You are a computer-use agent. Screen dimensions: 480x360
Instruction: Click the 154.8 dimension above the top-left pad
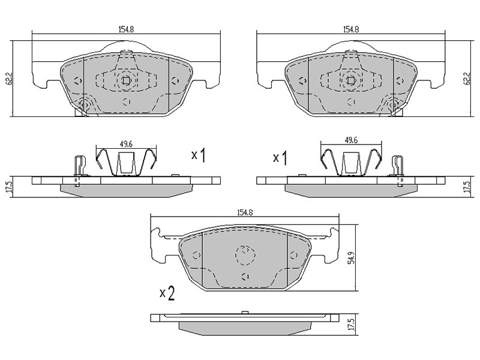(126, 29)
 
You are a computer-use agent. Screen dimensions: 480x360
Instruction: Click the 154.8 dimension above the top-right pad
(351, 29)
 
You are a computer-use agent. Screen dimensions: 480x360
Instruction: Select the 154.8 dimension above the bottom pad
(245, 212)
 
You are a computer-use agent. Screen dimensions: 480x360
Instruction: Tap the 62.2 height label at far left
(10, 79)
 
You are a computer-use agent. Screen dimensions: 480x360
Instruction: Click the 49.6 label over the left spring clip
(126, 144)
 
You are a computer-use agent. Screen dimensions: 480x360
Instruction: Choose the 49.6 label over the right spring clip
(351, 140)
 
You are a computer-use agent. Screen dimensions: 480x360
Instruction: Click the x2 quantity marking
(167, 293)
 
